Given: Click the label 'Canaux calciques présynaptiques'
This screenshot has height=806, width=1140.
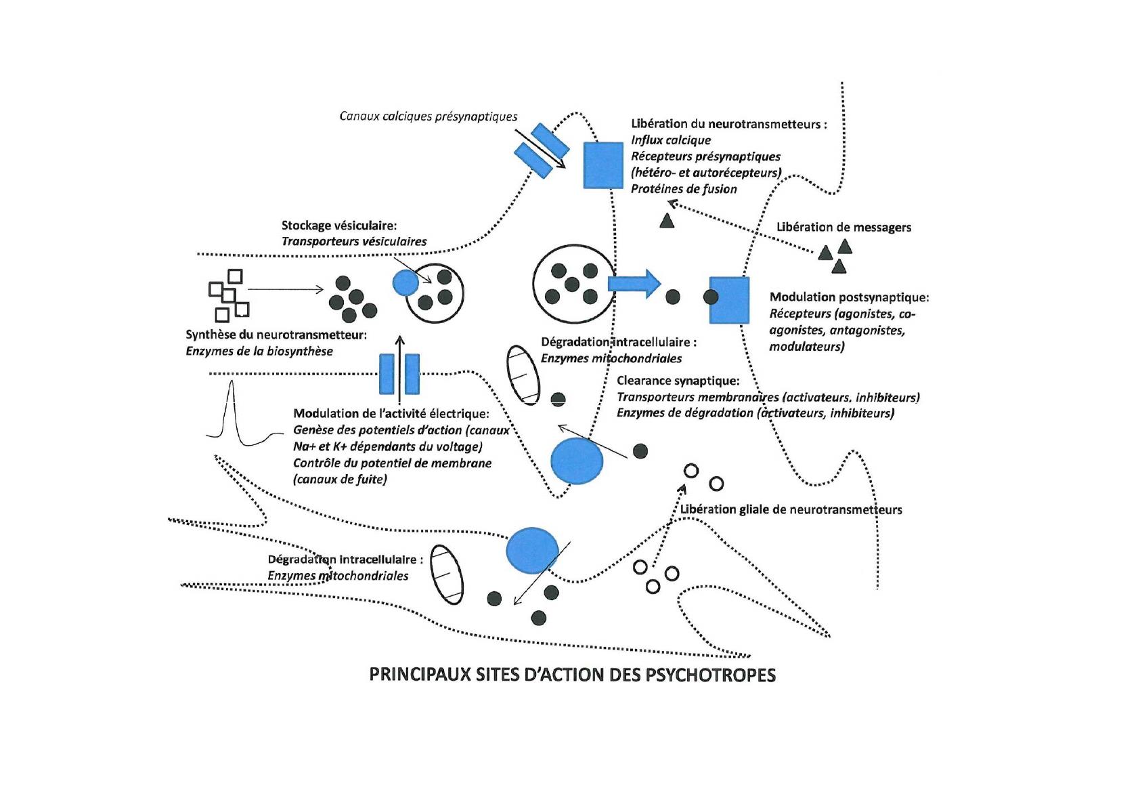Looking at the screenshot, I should point(427,116).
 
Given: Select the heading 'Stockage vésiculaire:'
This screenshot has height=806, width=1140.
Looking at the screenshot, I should point(339,225).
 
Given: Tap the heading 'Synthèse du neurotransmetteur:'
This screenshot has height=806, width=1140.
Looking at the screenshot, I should point(276,335).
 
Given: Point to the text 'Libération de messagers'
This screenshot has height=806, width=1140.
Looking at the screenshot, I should point(843,227).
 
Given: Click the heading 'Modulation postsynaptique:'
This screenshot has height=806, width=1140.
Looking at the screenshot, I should point(849,297).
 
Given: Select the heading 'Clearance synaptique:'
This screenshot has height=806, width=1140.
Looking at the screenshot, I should point(678,381).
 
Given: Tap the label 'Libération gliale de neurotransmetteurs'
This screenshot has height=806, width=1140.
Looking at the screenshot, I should point(791,509).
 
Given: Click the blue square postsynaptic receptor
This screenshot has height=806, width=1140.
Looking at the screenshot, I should point(729,299).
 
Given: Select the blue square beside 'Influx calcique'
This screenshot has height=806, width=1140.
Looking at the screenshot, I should point(603,165).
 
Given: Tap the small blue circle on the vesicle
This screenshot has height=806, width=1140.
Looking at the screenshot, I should point(405,282).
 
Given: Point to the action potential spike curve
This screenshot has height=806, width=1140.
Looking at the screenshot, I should point(232,413).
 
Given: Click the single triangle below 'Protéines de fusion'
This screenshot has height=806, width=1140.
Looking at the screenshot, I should point(667,220).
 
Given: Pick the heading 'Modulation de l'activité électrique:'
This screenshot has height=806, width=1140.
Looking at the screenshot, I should point(391,414).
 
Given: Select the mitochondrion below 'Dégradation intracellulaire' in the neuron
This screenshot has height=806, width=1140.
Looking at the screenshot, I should point(524,375).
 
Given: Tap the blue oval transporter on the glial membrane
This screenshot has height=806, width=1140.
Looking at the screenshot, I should point(532,549).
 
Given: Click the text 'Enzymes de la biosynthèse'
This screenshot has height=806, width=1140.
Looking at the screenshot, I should point(259,351).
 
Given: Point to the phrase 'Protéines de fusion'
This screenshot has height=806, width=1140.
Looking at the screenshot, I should point(684,189).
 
